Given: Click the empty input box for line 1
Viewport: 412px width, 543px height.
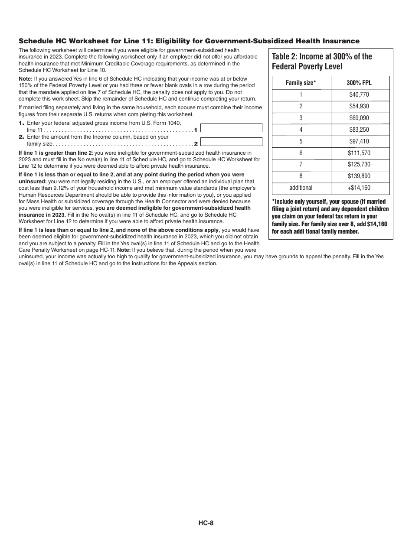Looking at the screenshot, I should tap(232, 128).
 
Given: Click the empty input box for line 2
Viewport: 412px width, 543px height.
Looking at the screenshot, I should tap(232, 142).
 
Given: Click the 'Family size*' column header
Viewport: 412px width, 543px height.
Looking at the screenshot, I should tap(301, 83).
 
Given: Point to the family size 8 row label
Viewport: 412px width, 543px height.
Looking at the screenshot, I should tap(301, 176).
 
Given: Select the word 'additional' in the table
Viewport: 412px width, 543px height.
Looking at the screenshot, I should tap(301, 188).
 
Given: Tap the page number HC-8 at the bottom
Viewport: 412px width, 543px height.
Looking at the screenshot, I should tap(206, 523).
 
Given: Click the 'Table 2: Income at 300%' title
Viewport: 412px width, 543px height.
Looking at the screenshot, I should tap(322, 56).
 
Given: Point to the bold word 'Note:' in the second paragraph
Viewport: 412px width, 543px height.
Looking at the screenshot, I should tap(25, 79).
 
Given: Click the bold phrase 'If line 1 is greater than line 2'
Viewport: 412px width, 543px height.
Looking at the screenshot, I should tap(56, 153).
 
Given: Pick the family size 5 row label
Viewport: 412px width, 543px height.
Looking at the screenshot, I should tap(301, 141).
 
